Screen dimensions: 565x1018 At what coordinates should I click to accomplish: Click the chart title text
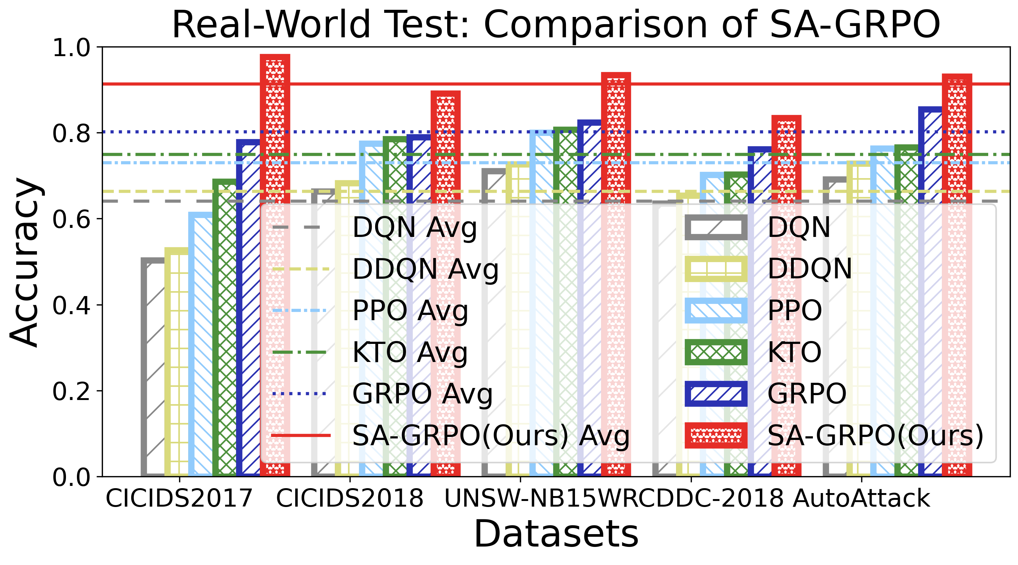point(556,24)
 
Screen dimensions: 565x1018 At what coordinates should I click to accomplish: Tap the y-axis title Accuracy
point(25,262)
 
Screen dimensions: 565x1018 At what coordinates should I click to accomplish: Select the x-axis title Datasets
point(556,534)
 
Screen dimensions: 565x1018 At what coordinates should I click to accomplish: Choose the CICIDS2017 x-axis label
point(179,498)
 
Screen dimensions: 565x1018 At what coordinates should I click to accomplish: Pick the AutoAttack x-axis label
point(862,498)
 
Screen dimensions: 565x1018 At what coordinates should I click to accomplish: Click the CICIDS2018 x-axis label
point(350,498)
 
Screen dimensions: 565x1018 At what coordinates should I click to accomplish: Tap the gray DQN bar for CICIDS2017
point(153,367)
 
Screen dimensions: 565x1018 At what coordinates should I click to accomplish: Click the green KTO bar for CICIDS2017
point(224,328)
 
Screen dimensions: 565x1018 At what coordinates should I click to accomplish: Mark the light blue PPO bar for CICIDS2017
point(200,344)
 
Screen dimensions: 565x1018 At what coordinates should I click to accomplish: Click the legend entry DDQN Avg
point(425,269)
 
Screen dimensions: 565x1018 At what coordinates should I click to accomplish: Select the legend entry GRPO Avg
point(422,394)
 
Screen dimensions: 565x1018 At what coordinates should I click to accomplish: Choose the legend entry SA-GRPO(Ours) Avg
point(490,435)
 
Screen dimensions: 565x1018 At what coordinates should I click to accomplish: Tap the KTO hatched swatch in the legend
point(716,352)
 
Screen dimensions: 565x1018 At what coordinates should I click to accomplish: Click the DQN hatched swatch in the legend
point(716,228)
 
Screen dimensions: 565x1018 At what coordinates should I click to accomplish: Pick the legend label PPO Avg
point(410,311)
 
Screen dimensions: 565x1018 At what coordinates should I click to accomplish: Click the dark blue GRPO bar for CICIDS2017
point(248,308)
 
